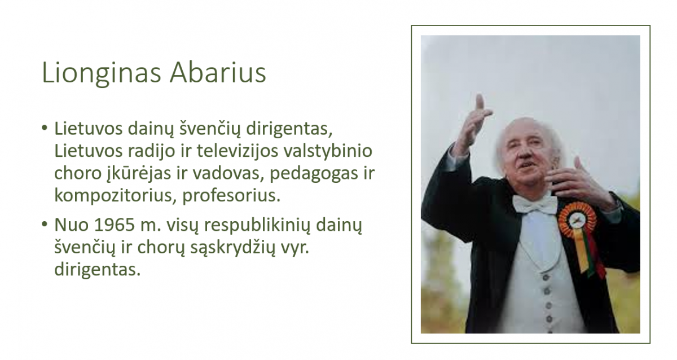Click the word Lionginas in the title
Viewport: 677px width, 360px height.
tap(101, 73)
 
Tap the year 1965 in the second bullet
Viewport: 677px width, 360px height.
tap(114, 225)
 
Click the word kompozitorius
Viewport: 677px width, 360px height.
tap(115, 196)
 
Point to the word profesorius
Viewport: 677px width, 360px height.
tap(231, 195)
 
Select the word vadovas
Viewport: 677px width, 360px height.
tap(226, 173)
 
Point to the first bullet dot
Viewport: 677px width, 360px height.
tap(45, 128)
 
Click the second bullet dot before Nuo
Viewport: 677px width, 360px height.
tap(45, 225)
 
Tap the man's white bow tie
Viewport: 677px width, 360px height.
tap(535, 204)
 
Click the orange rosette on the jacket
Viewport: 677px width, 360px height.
tap(577, 220)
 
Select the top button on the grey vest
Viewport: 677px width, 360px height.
tap(546, 277)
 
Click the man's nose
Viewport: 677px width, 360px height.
tap(525, 154)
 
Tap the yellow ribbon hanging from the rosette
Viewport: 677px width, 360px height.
tap(581, 251)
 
